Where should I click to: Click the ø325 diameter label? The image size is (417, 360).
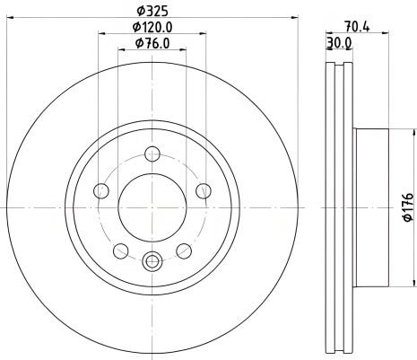pos(151,12)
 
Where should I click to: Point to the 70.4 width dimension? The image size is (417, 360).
pos(358,27)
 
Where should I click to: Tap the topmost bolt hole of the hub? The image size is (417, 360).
pos(152,153)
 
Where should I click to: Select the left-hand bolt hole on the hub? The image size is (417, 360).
pos(100,190)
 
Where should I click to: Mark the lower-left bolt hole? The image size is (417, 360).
pos(119,250)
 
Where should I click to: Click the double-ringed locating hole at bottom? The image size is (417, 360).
pos(152,262)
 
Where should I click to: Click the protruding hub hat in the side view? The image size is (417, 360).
pos(371,206)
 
